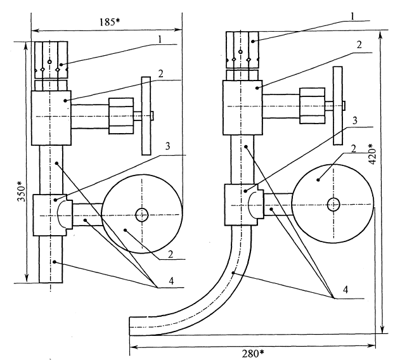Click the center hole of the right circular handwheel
(333, 204)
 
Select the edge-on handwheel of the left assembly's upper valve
(146, 115)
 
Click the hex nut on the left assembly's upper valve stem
(121, 115)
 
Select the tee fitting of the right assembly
(241, 205)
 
